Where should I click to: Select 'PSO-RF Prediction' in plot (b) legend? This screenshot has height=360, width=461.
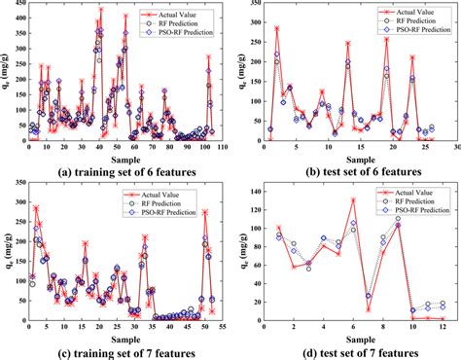tap(410, 34)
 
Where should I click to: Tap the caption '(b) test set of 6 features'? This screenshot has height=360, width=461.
tap(352, 171)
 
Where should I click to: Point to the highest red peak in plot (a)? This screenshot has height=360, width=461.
tap(101, 10)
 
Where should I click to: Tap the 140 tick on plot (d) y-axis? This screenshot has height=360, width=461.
tap(253, 185)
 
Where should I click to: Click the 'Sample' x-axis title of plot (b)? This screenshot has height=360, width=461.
tap(353, 159)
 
